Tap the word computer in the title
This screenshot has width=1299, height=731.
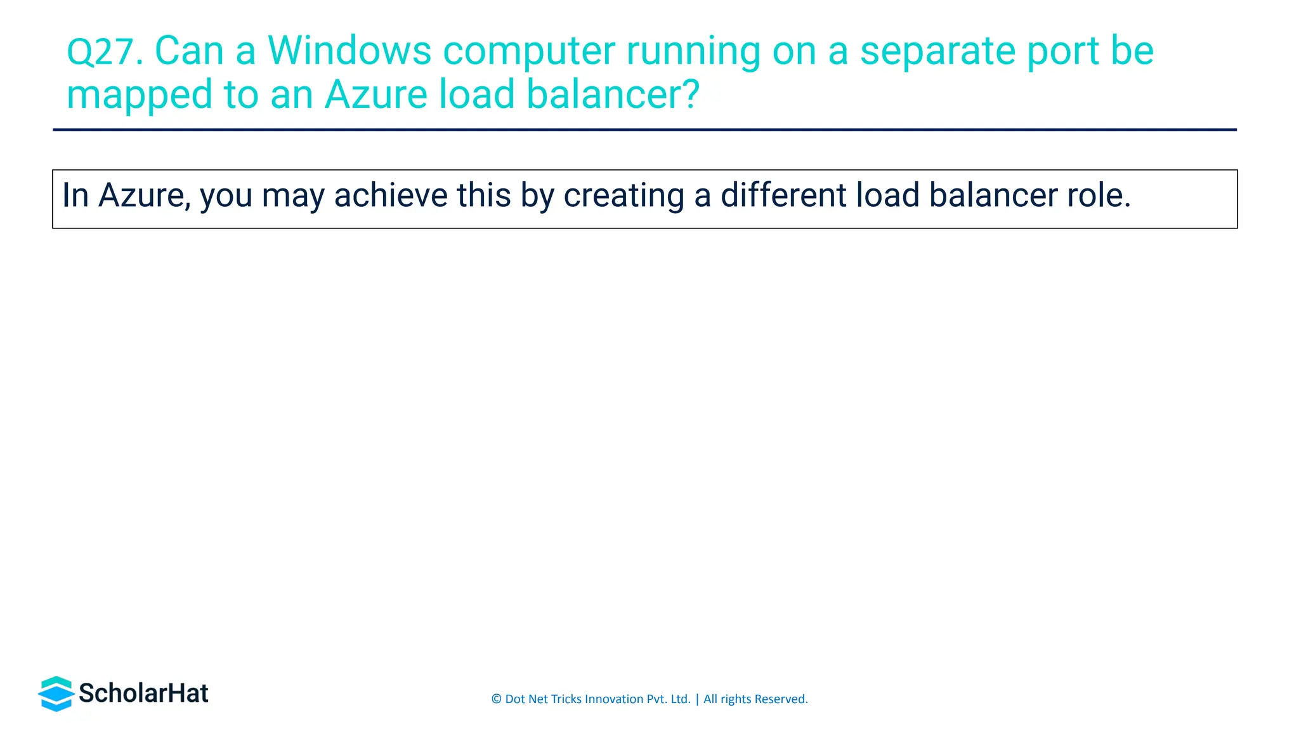point(528,52)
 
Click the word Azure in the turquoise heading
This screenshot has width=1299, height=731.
point(376,95)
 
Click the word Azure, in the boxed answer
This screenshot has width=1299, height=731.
point(145,195)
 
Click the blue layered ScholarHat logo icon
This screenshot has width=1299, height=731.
point(56,693)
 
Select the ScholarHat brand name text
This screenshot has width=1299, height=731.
point(143,694)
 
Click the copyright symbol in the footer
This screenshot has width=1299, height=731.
point(496,699)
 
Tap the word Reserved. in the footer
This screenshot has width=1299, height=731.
point(781,699)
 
